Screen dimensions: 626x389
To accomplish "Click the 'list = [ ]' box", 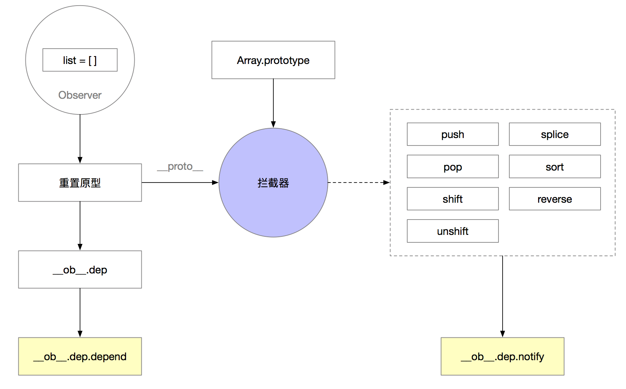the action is [x=80, y=60].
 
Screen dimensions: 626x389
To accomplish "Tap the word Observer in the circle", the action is [x=80, y=95].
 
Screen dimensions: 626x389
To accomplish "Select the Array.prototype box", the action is [x=273, y=60].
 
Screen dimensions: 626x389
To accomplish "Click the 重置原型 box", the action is [x=80, y=183].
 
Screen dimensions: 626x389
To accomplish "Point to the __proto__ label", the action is [x=180, y=166].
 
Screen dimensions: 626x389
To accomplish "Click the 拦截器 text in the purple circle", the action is [x=273, y=183].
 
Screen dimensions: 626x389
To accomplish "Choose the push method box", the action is [x=453, y=134].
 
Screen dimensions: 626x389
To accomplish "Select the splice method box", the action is [x=555, y=134].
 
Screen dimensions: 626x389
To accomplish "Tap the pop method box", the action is [x=453, y=166].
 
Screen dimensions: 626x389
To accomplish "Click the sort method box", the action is [x=555, y=166].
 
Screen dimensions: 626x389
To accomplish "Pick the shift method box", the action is [x=453, y=199].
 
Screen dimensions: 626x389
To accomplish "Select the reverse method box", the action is [x=555, y=199].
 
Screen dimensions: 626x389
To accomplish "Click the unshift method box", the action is [x=453, y=231].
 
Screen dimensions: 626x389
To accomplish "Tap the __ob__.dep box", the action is [x=80, y=270].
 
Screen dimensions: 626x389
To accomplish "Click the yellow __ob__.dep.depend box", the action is [x=80, y=356].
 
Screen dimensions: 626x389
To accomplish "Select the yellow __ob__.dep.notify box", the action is [x=503, y=356].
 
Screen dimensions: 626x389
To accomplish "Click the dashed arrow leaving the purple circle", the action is [x=359, y=183].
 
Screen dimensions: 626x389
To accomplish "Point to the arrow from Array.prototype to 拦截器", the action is [x=273, y=103].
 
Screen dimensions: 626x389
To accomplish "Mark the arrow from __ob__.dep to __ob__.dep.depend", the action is [x=80, y=313].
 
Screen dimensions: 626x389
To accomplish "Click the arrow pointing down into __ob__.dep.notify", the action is [x=503, y=297].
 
